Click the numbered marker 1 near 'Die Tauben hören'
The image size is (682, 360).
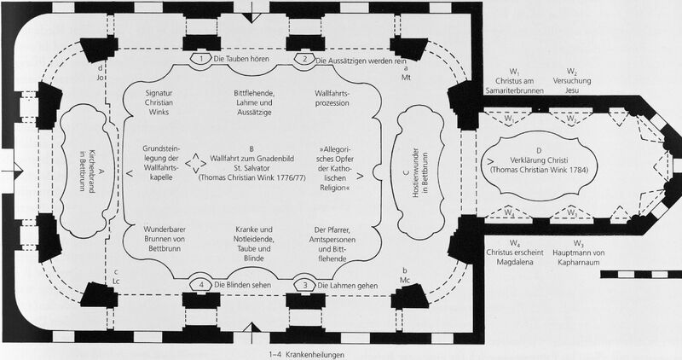pyautogui.click(x=201, y=58)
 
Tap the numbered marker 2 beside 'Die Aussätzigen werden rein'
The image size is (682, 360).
pyautogui.click(x=304, y=59)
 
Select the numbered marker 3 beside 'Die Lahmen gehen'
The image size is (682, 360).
pyautogui.click(x=305, y=285)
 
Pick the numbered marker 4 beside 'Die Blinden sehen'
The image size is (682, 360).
pyautogui.click(x=201, y=285)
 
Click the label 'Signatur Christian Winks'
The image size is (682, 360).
pyautogui.click(x=159, y=102)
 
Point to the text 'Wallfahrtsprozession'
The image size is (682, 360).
pyautogui.click(x=332, y=98)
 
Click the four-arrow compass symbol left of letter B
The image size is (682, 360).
pyautogui.click(x=196, y=163)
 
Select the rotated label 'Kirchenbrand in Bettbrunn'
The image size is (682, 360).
pyautogui.click(x=87, y=171)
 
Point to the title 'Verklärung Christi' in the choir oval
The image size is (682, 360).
pyautogui.click(x=539, y=160)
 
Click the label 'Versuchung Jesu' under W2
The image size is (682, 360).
pyautogui.click(x=572, y=85)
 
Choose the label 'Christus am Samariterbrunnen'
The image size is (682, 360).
pyautogui.click(x=515, y=86)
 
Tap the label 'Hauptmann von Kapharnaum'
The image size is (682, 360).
pyautogui.click(x=578, y=258)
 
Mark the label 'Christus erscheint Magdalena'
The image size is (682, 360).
pyautogui.click(x=515, y=258)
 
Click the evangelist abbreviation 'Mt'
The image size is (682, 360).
pyautogui.click(x=407, y=78)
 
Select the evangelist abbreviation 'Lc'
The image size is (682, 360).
pyautogui.click(x=116, y=282)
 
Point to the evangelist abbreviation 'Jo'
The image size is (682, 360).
pyautogui.click(x=101, y=78)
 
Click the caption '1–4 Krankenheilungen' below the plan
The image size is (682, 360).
pyautogui.click(x=307, y=355)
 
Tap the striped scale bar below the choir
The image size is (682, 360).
pyautogui.click(x=641, y=274)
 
